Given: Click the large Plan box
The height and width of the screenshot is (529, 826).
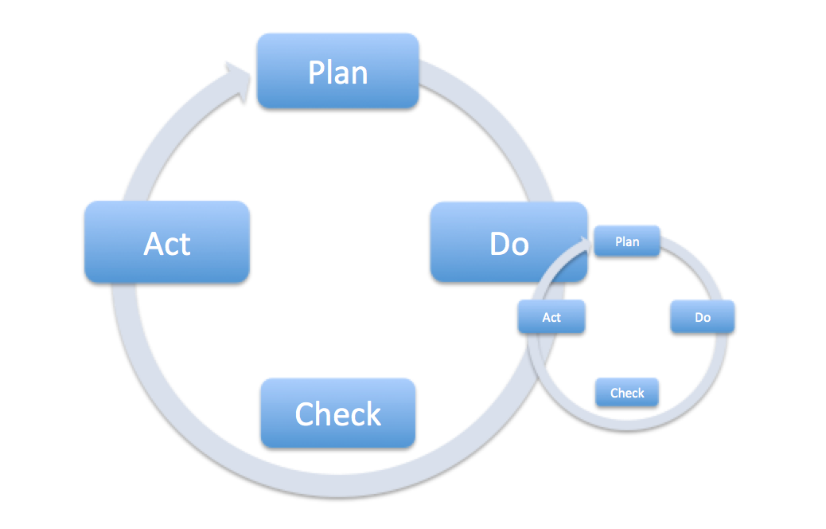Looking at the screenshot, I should [x=337, y=71].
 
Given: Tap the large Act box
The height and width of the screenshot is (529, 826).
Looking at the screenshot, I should [x=167, y=242].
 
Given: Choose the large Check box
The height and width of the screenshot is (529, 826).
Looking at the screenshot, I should [x=338, y=413].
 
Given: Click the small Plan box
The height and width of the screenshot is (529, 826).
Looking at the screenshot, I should [x=627, y=241].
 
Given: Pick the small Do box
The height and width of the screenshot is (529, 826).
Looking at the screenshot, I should [x=702, y=317].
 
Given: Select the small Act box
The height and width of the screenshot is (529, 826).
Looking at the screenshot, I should [x=551, y=317].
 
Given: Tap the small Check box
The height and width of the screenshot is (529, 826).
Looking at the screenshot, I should [x=627, y=393].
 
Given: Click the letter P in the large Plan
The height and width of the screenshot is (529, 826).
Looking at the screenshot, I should [x=318, y=72].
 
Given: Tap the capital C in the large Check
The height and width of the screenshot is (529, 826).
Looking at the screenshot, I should [x=306, y=414].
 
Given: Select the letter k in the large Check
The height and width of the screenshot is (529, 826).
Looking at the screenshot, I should [x=372, y=413].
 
